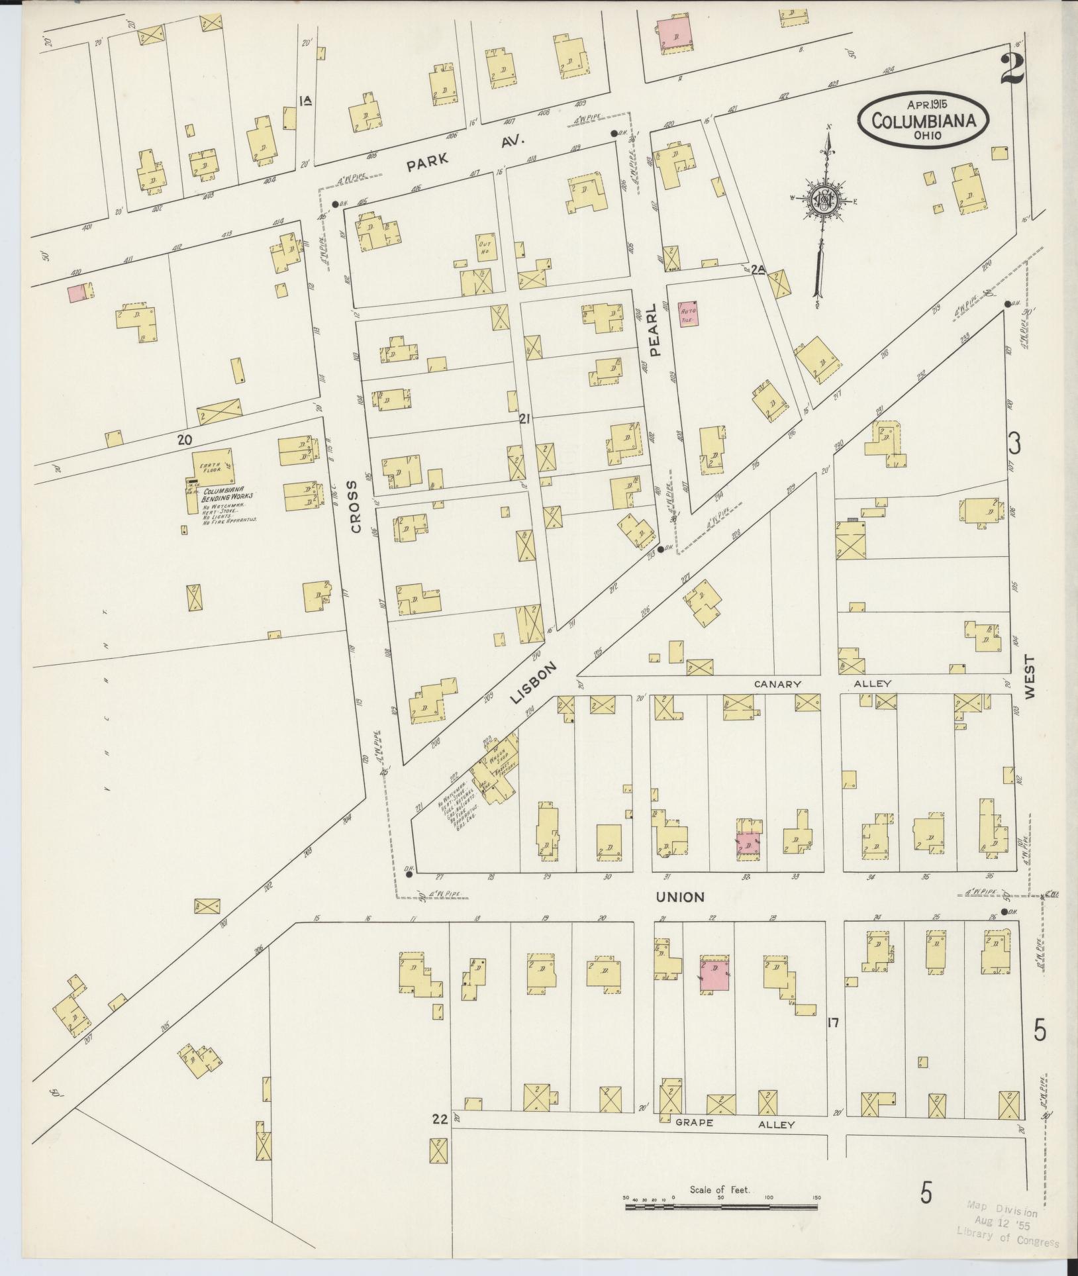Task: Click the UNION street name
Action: [680, 897]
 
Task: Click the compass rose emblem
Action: [823, 200]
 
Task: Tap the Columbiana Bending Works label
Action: [227, 495]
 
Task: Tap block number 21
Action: [526, 418]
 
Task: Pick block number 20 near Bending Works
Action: [184, 439]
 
